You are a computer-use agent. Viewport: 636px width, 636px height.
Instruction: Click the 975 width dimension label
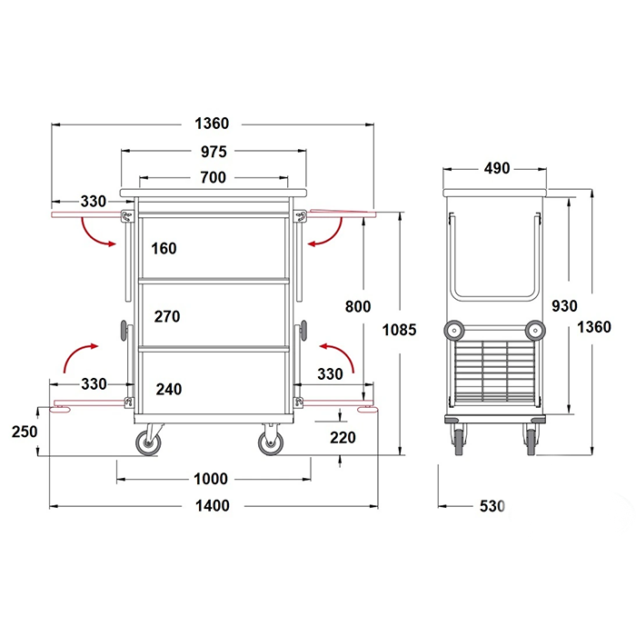pos(214,152)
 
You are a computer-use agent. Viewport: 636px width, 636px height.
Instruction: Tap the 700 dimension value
pos(213,177)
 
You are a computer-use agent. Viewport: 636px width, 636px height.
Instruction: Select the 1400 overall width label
pos(212,506)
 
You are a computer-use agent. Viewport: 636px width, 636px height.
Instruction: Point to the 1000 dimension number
pos(211,479)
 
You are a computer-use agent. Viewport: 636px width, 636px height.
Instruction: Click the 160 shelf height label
pos(164,248)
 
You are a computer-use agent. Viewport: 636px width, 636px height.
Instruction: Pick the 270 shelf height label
pos(166,316)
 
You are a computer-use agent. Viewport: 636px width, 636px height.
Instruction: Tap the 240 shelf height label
pos(169,390)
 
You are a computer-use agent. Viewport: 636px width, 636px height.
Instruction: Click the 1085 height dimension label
pos(399,330)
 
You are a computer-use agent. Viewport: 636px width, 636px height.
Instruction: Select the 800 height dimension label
pos(358,307)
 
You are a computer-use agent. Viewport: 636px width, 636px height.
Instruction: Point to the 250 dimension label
pos(25,432)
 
